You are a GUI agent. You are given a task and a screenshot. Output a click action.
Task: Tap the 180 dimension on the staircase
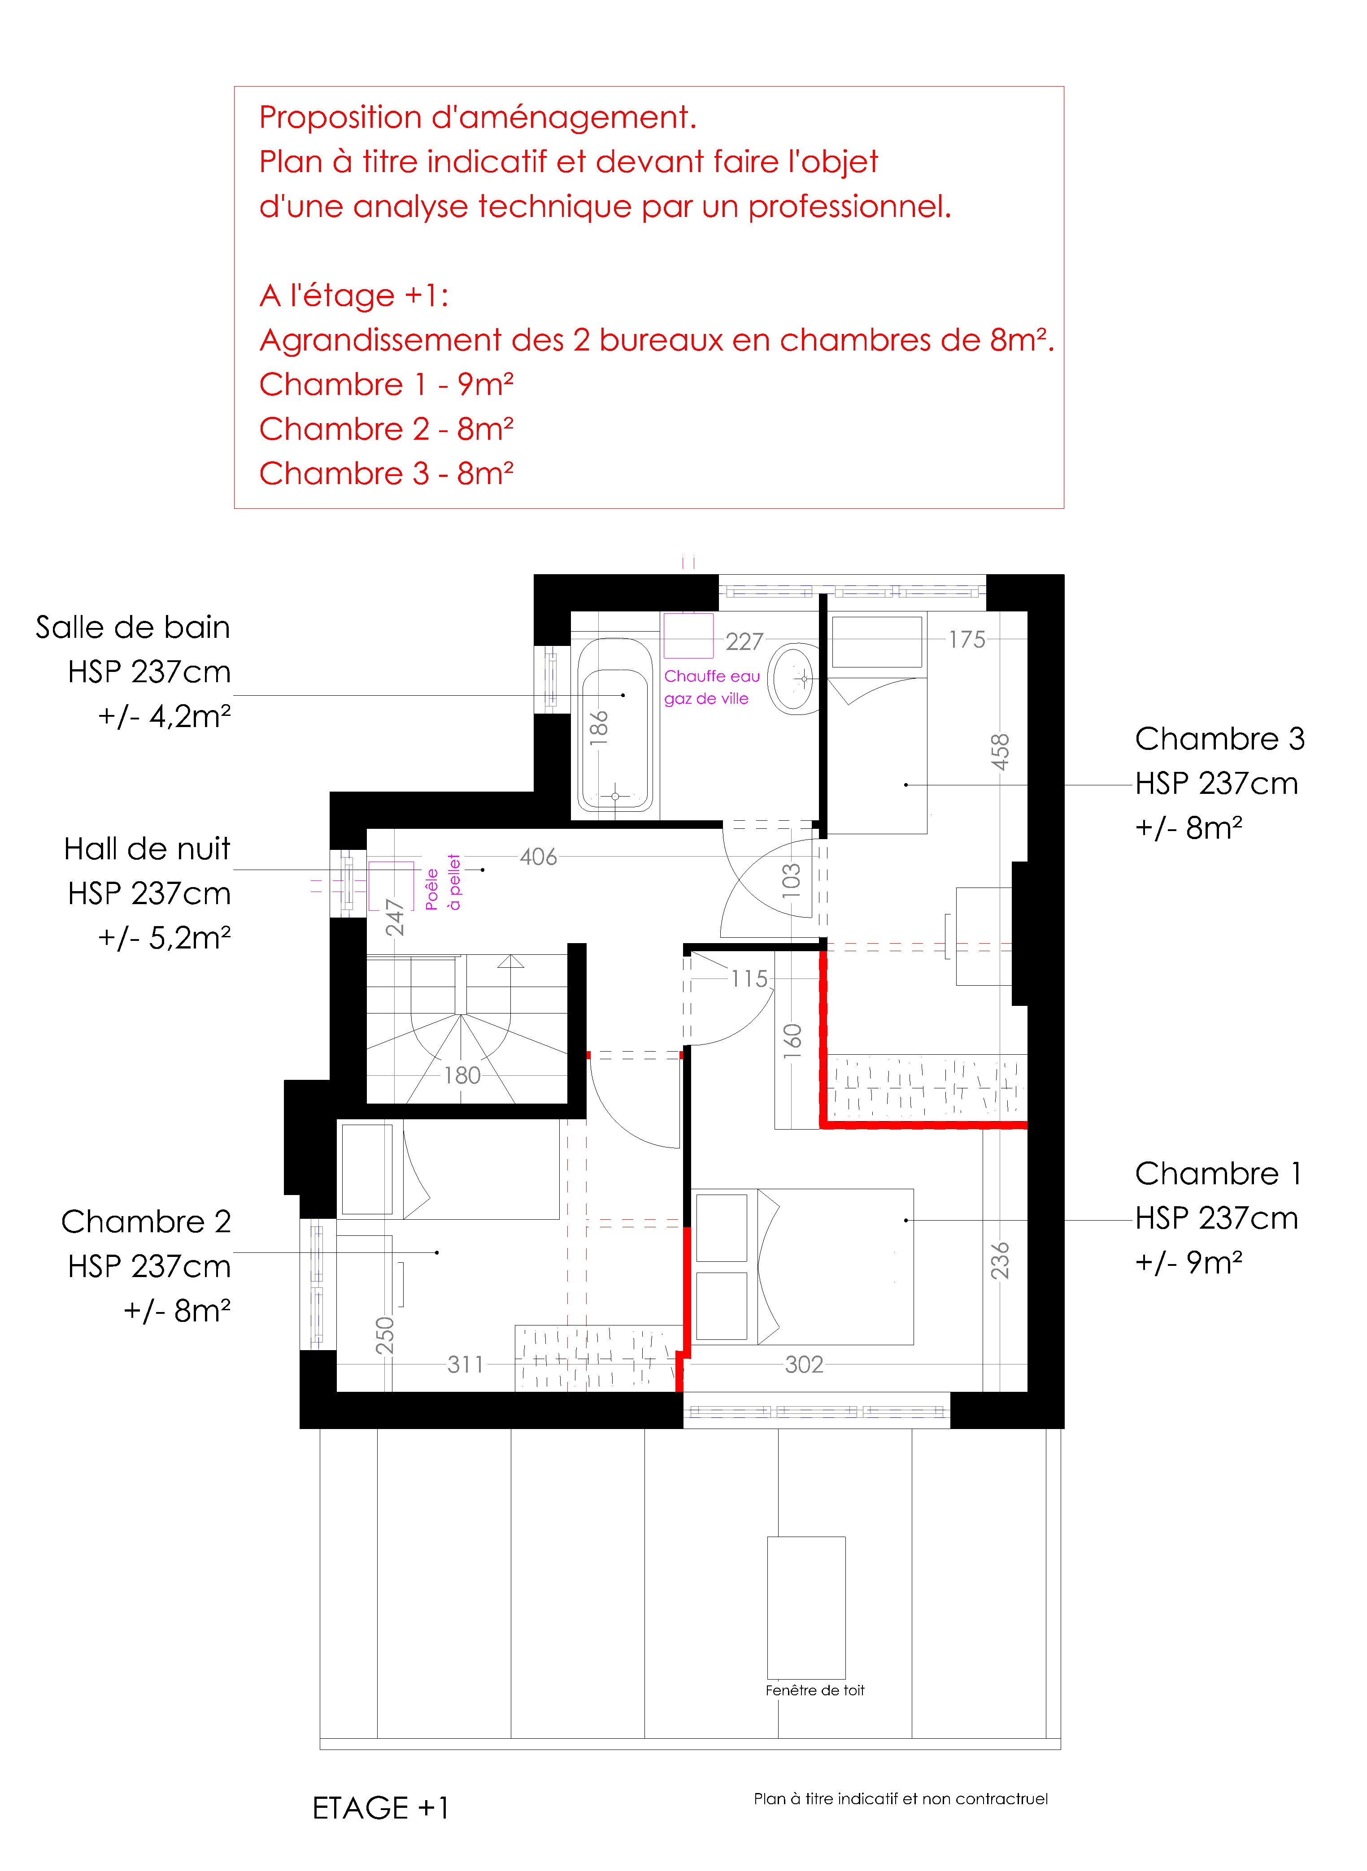click(462, 1075)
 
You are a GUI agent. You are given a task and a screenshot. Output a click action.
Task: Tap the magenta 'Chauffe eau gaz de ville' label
click(712, 687)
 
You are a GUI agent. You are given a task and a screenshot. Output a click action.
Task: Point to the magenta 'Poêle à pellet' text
click(443, 883)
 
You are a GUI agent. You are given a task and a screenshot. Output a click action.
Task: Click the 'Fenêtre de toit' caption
click(814, 1691)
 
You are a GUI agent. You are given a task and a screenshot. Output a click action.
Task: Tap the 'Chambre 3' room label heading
click(1220, 739)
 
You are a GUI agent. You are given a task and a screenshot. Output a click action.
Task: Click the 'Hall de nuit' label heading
click(147, 849)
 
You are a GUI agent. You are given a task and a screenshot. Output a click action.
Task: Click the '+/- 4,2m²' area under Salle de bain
click(164, 716)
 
